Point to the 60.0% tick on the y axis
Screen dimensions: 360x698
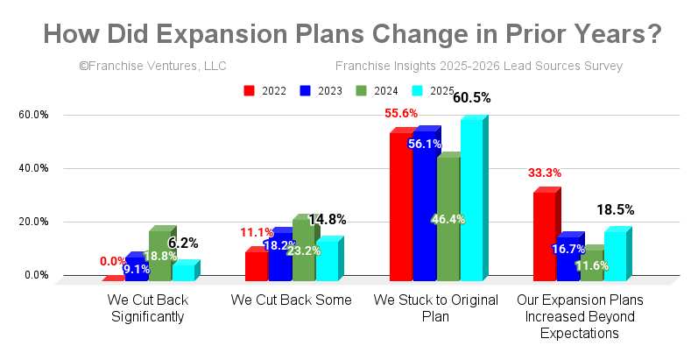(35, 115)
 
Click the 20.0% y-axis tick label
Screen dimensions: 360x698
(35, 222)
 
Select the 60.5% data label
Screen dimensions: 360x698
(471, 98)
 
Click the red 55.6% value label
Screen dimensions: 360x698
(401, 114)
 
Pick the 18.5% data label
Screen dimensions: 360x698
(616, 210)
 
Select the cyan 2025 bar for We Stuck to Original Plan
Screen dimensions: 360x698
(471, 201)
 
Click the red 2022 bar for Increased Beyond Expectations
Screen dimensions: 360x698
(544, 236)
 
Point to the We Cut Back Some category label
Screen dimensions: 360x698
(291, 300)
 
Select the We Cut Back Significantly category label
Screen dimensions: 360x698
(147, 308)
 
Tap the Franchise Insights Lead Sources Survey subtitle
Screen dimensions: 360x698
(479, 66)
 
